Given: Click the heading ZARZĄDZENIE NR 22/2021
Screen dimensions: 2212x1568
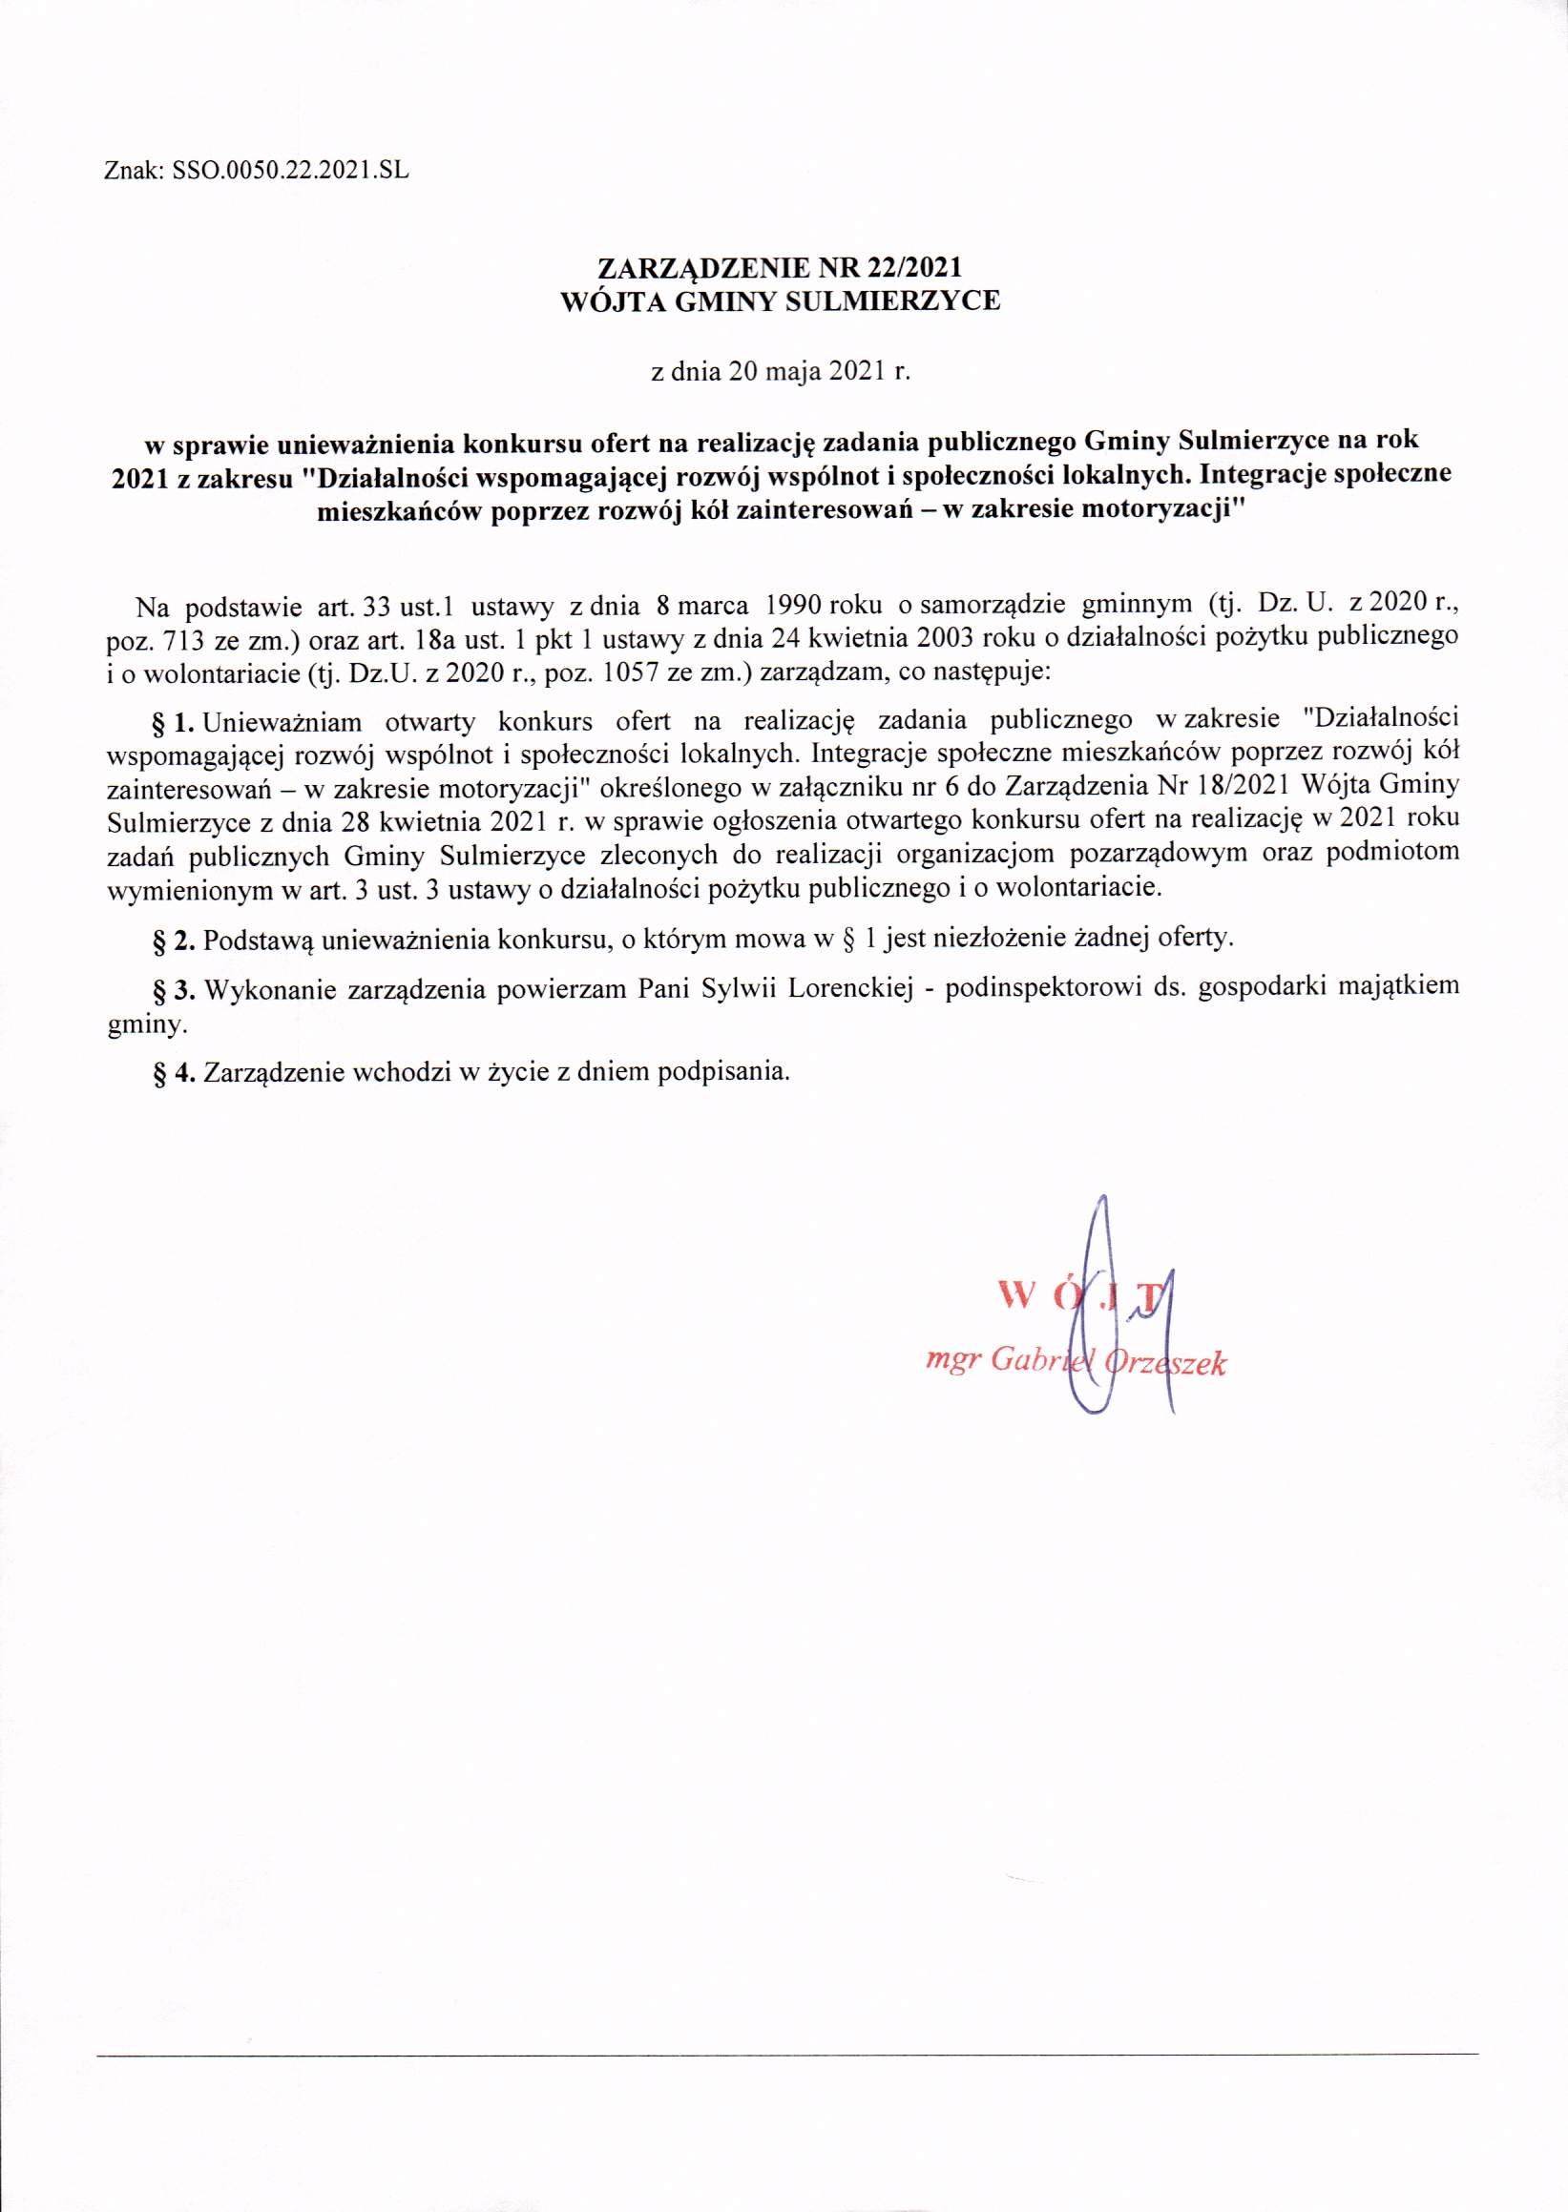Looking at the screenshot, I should [x=782, y=267].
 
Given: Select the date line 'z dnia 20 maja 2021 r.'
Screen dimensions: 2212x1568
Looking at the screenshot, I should [x=782, y=374].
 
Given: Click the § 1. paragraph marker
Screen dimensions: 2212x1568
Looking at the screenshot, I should [x=175, y=720].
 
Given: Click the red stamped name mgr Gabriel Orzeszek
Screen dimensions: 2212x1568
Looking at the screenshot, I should [x=1075, y=1362].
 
